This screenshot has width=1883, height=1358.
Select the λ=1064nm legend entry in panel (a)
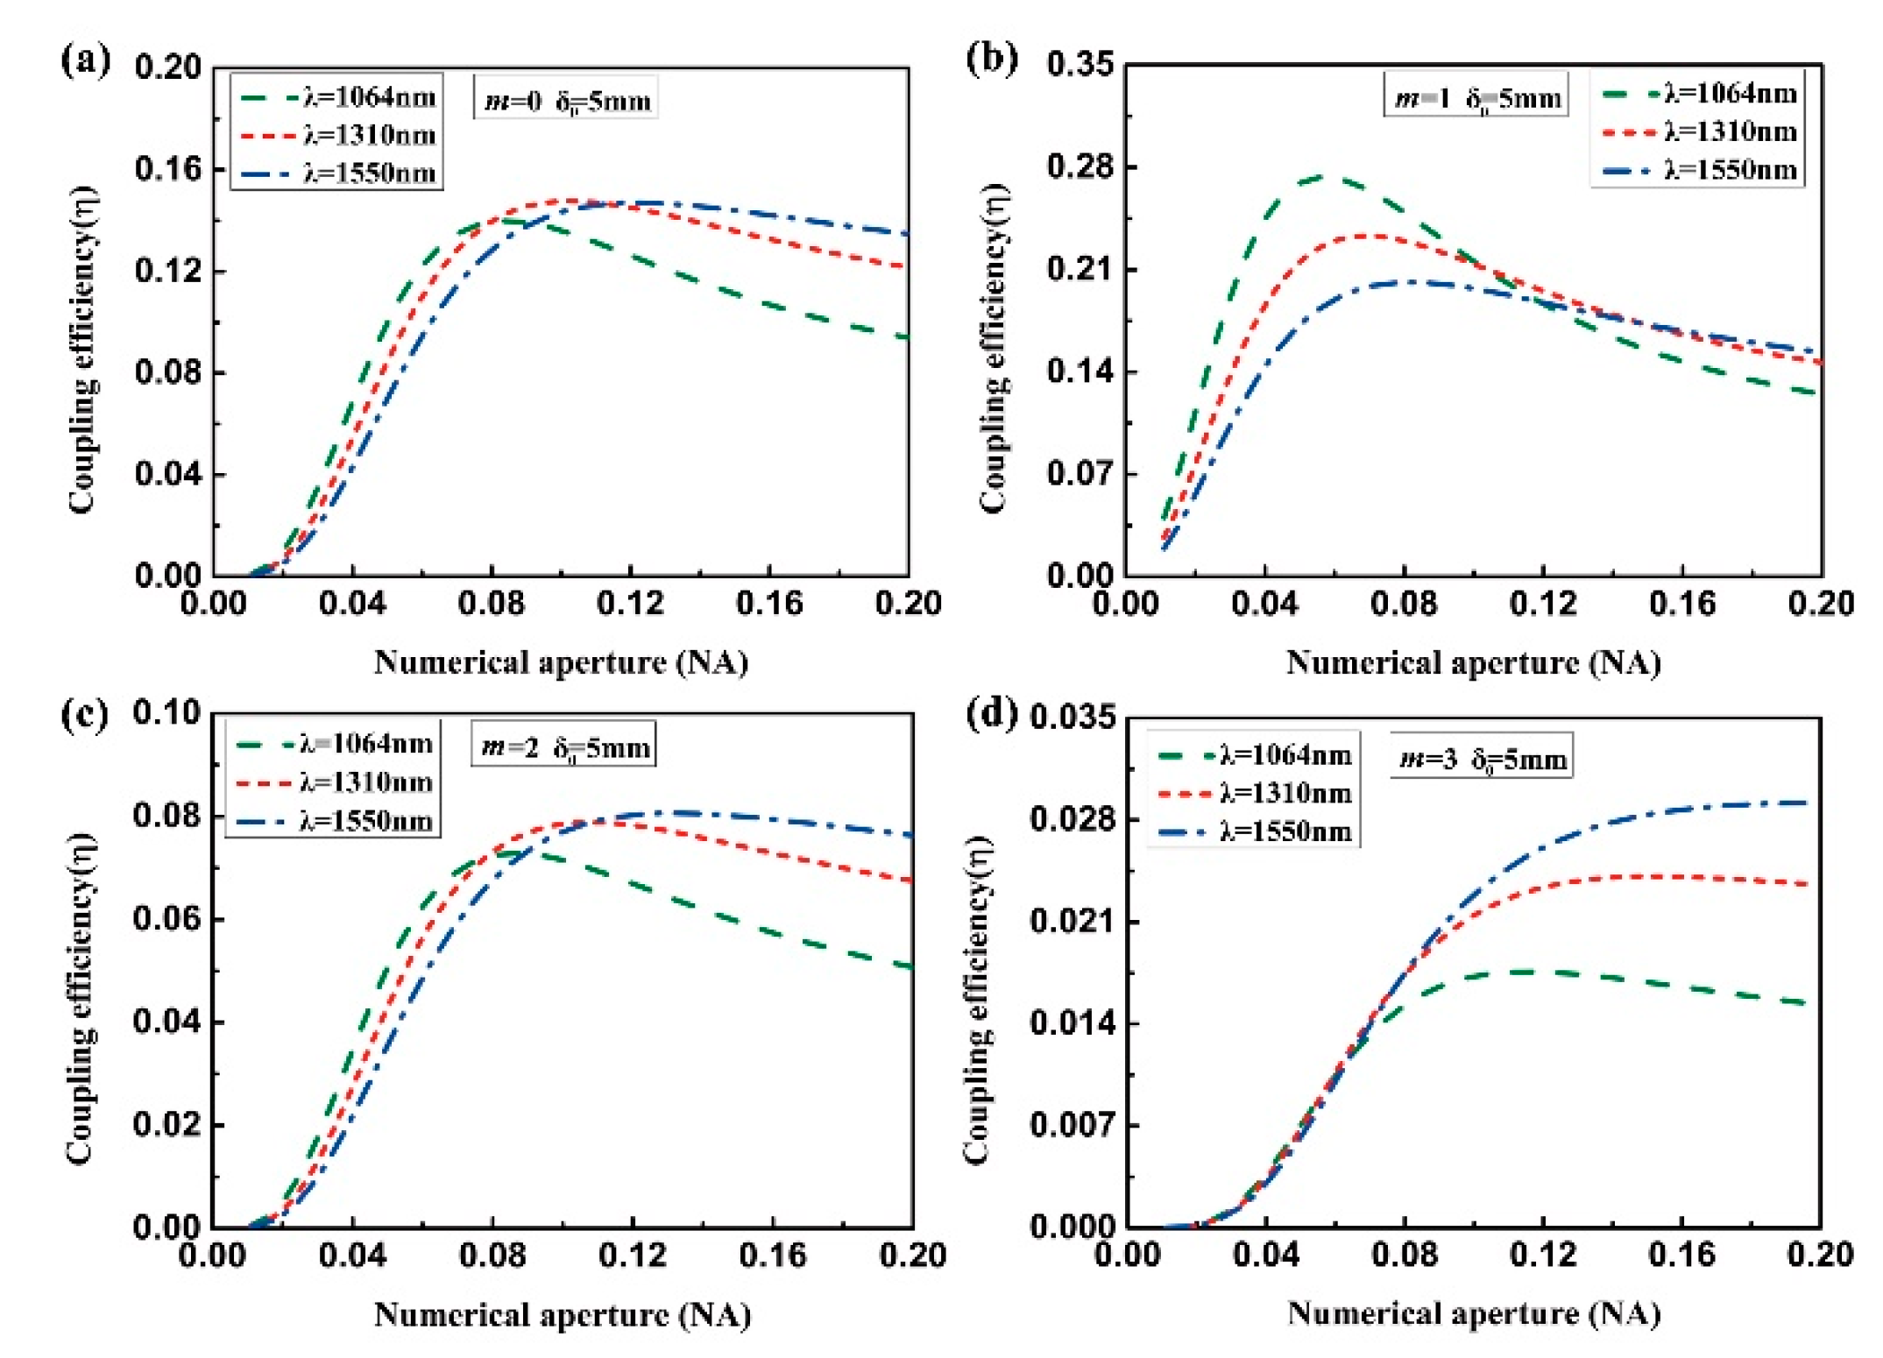tap(338, 97)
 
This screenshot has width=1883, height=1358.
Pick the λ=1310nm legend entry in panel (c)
tap(334, 782)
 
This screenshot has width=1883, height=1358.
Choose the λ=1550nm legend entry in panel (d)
tap(1254, 831)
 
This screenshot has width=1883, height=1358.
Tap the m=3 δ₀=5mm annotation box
tap(1482, 758)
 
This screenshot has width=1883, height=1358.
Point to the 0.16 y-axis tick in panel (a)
tap(167, 168)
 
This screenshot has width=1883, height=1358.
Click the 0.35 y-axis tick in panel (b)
tap(1080, 64)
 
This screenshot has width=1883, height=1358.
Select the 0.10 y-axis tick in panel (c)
tap(166, 713)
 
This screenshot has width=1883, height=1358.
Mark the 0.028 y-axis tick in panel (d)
tap(1072, 819)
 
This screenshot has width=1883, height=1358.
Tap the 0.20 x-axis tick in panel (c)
tap(912, 1255)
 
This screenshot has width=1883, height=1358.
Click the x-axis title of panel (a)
tap(561, 662)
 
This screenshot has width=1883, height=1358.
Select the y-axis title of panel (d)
tap(978, 999)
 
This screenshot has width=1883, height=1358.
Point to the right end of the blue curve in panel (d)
tap(1807, 803)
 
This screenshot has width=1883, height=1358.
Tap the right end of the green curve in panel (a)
tap(906, 337)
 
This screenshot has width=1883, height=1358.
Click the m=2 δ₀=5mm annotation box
tap(563, 746)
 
